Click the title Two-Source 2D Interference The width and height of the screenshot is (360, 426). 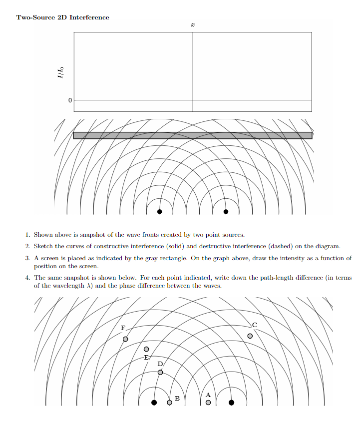click(x=62, y=17)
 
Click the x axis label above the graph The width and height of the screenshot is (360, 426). click(x=193, y=24)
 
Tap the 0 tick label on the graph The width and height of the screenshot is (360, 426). click(x=70, y=100)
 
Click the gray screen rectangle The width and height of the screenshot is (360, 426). click(x=193, y=135)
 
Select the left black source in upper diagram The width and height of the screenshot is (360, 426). click(x=160, y=212)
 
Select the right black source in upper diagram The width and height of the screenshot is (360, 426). click(x=226, y=212)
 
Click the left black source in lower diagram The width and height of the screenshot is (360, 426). click(x=154, y=402)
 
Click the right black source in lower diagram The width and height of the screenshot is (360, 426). click(x=231, y=402)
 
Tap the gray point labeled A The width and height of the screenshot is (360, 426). click(x=208, y=402)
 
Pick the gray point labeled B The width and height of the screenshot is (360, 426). click(x=170, y=402)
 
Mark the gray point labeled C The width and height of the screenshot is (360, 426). click(x=250, y=336)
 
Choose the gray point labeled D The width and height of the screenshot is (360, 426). click(x=160, y=372)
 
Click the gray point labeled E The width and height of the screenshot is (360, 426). click(x=146, y=349)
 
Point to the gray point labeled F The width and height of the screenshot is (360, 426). click(x=125, y=339)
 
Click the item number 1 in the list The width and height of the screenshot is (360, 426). click(x=28, y=235)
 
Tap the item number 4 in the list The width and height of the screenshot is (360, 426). click(x=28, y=278)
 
